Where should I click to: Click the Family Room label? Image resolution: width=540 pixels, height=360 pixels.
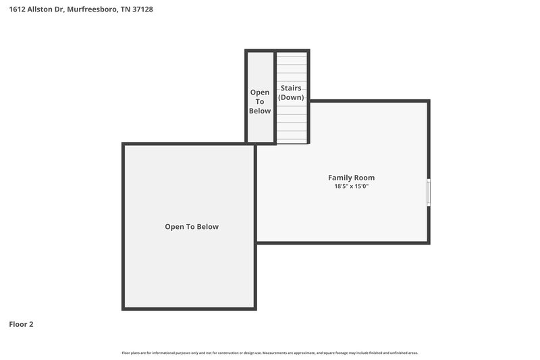351,178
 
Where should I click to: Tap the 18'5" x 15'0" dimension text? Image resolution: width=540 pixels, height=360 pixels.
351,186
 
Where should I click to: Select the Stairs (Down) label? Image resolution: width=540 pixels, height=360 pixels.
291,93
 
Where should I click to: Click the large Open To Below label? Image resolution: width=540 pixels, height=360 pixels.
192,227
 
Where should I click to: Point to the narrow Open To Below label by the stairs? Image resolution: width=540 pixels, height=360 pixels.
260,101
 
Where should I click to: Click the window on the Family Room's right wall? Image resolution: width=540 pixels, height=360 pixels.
429,192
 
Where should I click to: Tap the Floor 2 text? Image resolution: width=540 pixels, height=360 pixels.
21,324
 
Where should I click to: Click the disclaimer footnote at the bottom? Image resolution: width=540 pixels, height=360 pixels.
269,353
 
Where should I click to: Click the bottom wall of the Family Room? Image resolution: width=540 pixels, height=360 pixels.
342,242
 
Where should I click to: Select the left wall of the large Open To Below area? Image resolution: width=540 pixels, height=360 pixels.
124,226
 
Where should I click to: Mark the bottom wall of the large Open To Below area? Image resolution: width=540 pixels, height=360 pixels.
189,309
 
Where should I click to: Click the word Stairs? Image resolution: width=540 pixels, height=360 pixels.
291,88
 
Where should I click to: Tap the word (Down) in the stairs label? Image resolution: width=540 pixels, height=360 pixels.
291,97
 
